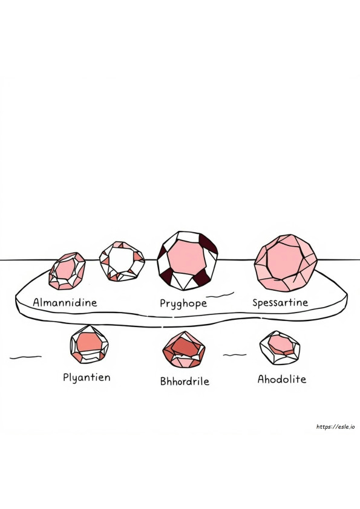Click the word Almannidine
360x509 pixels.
65,302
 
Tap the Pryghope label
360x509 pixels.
183,303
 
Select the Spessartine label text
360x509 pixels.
280,303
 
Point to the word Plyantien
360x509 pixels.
87,378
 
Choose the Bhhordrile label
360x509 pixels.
185,381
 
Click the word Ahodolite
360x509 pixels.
282,379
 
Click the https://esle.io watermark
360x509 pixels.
335,427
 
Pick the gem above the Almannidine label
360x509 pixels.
67,271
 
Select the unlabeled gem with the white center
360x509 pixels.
122,261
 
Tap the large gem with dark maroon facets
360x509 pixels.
187,261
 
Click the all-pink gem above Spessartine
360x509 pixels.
286,262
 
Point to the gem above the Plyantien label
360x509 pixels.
89,344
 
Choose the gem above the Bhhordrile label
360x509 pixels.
184,349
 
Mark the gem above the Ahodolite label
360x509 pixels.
280,348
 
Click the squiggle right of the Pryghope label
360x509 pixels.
220,295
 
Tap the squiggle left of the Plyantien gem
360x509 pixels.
25,357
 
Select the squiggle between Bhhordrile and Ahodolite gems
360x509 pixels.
235,355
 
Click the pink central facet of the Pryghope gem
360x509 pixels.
187,258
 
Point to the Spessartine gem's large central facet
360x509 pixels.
284,261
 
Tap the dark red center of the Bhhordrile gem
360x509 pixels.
185,347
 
